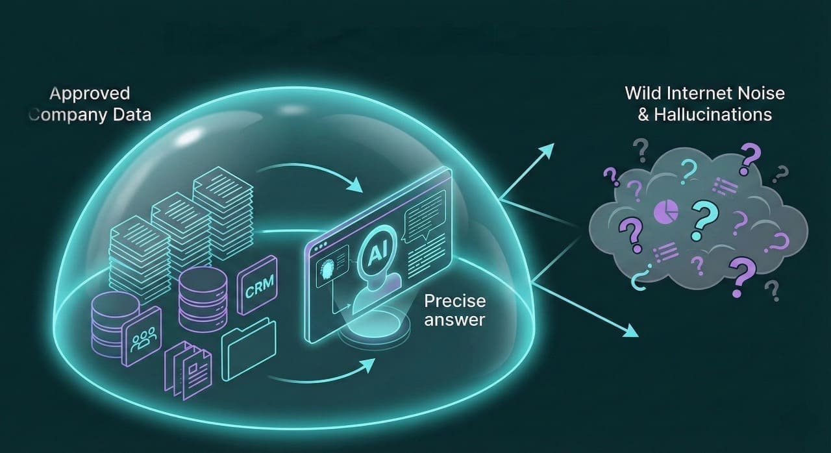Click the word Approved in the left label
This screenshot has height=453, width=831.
click(x=90, y=93)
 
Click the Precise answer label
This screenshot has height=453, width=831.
click(x=454, y=310)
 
